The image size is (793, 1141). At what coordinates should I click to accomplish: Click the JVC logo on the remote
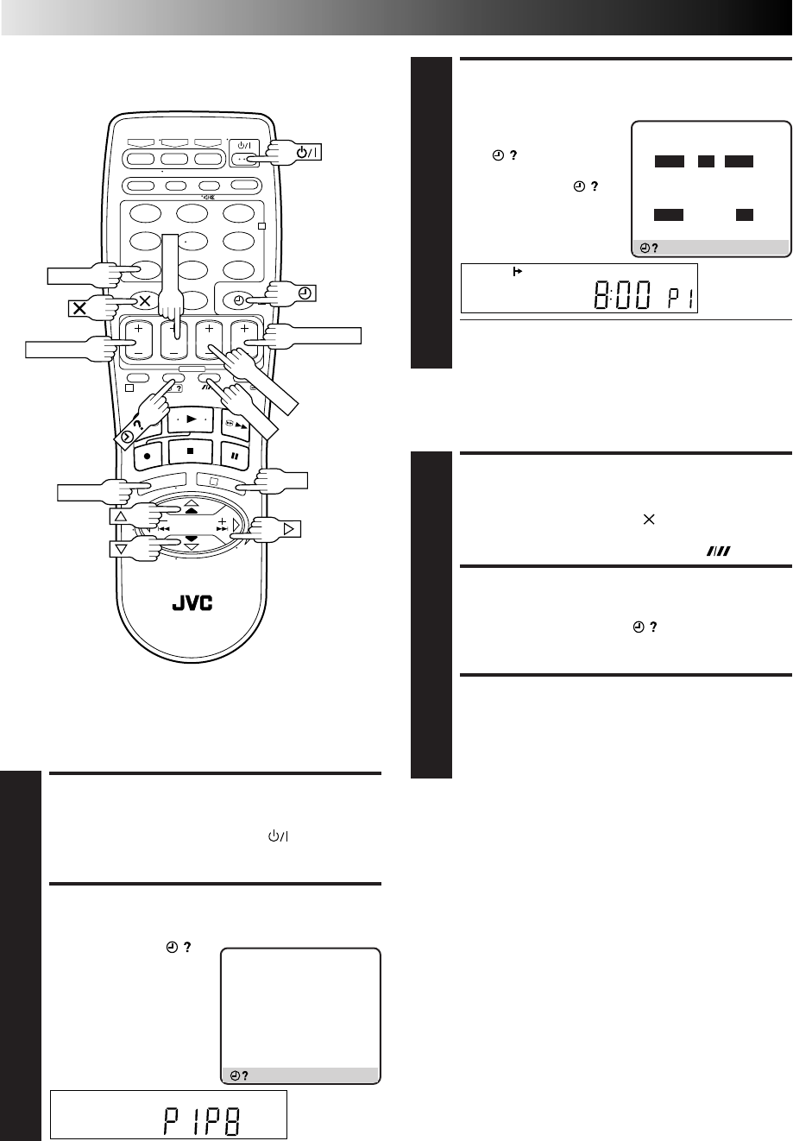coord(192,603)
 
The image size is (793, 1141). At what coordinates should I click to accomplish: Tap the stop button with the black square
coord(191,451)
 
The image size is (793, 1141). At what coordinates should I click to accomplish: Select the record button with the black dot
coord(148,456)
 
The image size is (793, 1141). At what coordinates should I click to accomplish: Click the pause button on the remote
coord(235,456)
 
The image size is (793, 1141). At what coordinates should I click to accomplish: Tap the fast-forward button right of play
coord(236,425)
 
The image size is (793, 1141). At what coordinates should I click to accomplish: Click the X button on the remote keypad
coord(145,301)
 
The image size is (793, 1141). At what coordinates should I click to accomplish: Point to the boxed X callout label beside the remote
coord(79,308)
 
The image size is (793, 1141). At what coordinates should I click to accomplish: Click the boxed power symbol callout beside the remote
coord(307,152)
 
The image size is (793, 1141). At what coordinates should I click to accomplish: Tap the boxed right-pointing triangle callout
coord(288,529)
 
